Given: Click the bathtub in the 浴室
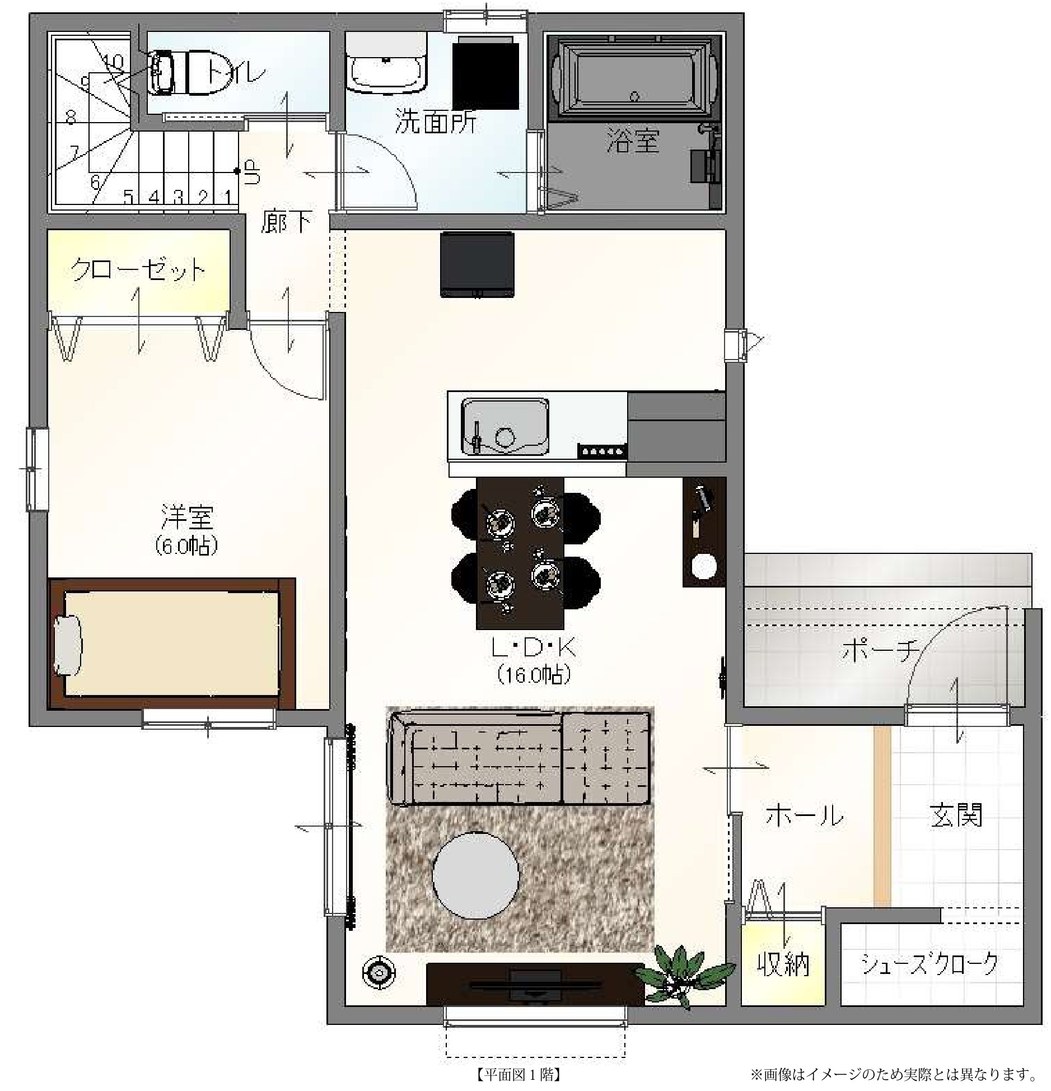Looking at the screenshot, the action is (634, 78).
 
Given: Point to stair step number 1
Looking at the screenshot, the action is (228, 197).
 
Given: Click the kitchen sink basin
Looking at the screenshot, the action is (505, 427).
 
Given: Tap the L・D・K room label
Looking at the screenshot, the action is (532, 649).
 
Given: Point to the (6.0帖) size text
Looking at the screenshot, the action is (186, 545).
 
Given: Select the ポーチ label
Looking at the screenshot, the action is (880, 651).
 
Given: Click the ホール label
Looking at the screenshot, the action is (804, 815).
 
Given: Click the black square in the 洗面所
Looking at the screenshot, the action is (485, 73).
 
